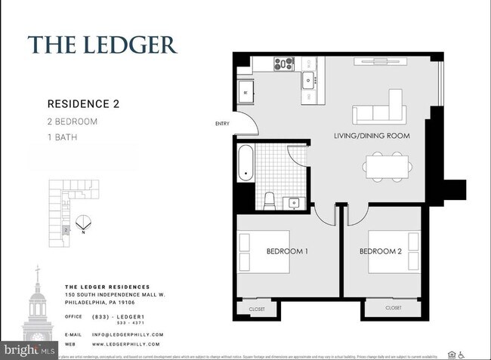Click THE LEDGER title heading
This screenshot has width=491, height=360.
103,45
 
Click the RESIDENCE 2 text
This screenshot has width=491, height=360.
83,104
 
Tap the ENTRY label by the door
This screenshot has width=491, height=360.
222,124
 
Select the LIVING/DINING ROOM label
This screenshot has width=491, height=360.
372,136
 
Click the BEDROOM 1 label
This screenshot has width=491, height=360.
286,251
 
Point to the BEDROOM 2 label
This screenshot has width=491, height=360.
381,251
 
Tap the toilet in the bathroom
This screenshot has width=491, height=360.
268,199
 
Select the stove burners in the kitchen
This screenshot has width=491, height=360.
283,64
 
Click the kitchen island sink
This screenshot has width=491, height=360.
308,80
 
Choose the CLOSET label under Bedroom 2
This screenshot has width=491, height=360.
393,308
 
